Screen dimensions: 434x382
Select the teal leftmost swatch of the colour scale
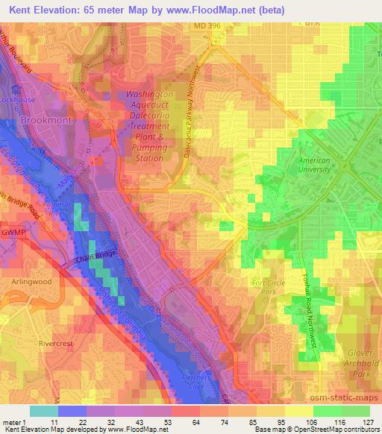pyautogui.click(x=45, y=411)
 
